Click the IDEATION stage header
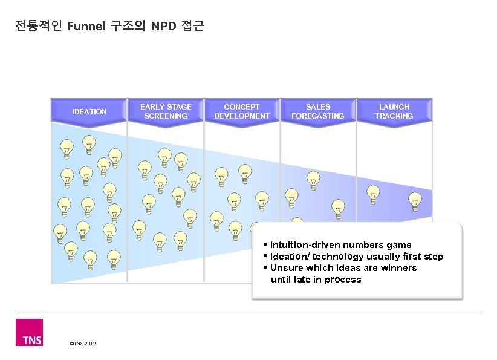click(x=89, y=111)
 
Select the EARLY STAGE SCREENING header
click(x=166, y=111)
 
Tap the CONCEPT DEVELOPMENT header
click(x=242, y=111)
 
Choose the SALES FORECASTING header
click(x=318, y=111)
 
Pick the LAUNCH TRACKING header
click(x=394, y=111)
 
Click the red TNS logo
click(x=29, y=332)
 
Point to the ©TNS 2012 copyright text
click(x=82, y=344)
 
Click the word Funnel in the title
click(x=87, y=26)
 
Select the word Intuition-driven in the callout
click(x=305, y=245)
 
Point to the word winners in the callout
click(x=398, y=268)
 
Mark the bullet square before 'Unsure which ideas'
click(x=265, y=267)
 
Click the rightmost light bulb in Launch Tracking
click(x=415, y=201)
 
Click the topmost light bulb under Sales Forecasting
click(x=313, y=180)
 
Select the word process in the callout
click(x=343, y=280)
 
